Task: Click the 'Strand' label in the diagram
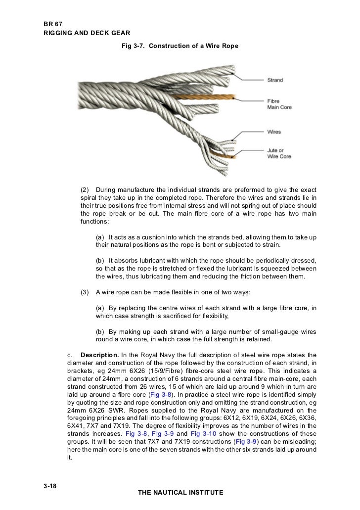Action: [x=275, y=80]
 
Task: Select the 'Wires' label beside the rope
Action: [x=274, y=132]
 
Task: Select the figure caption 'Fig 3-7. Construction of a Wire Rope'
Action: [x=180, y=46]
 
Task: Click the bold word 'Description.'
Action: [x=99, y=355]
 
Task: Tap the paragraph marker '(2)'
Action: [x=85, y=190]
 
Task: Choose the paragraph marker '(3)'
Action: [x=85, y=291]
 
